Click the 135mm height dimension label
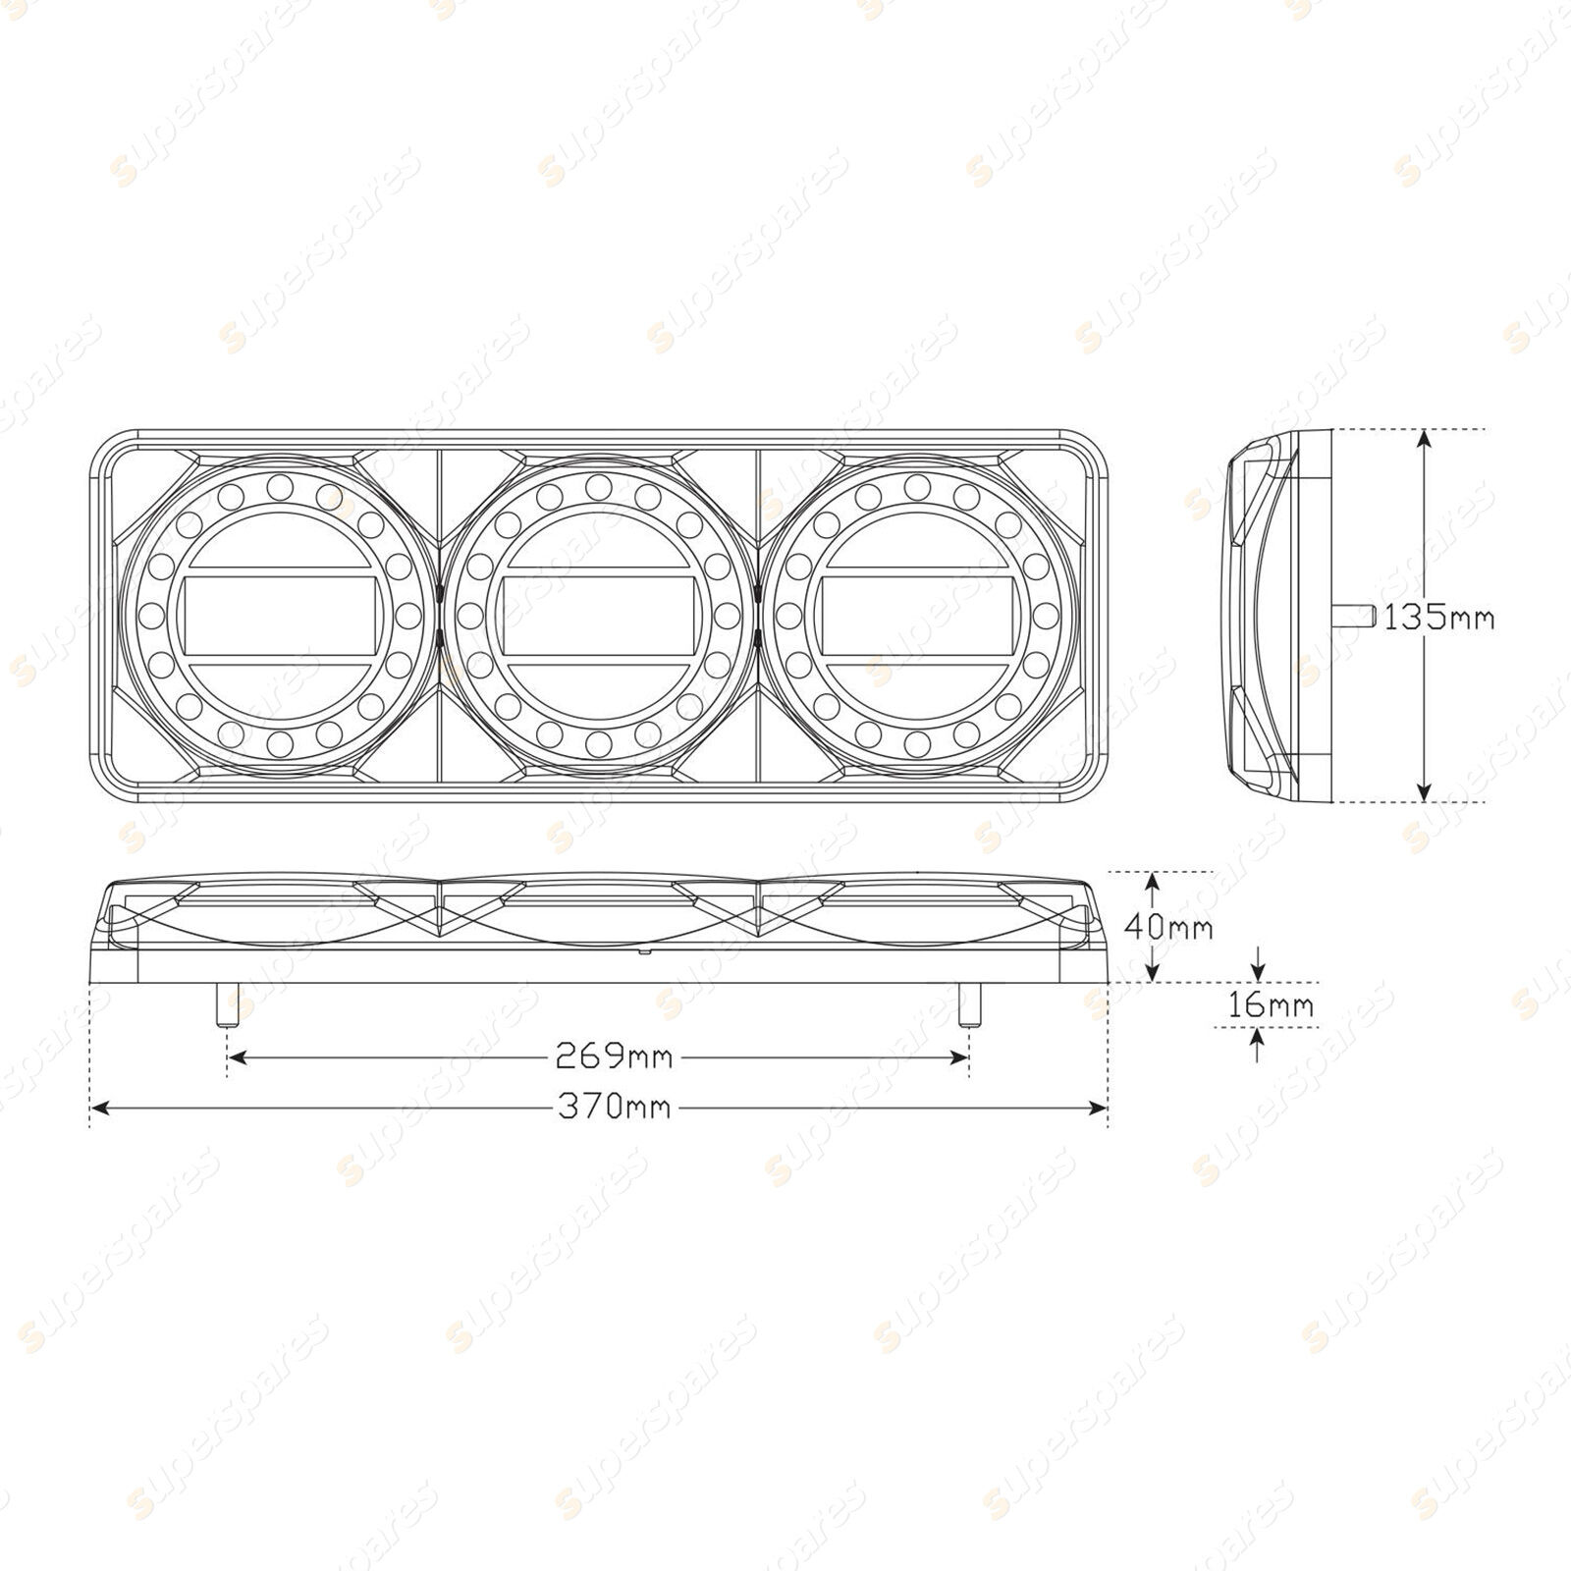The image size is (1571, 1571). tap(1438, 618)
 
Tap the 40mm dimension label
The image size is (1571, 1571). tap(1168, 927)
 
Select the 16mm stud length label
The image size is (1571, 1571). tap(1270, 1004)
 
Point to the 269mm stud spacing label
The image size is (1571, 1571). tap(614, 1056)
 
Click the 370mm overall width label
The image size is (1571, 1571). tap(615, 1108)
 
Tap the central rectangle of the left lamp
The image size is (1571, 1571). tap(276, 616)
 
